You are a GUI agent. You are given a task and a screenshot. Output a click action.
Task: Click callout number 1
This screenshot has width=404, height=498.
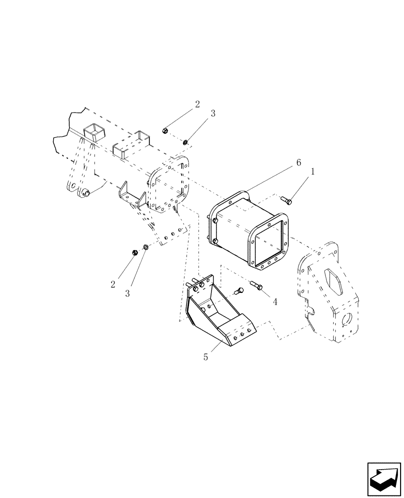tap(312, 171)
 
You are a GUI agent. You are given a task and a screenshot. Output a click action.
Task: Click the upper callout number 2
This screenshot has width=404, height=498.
tap(198, 104)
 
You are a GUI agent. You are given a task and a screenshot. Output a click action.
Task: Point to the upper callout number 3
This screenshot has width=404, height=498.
tap(213, 113)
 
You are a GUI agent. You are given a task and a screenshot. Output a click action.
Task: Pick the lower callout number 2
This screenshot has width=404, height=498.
tap(113, 284)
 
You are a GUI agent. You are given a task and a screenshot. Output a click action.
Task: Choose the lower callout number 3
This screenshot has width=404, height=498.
tap(127, 294)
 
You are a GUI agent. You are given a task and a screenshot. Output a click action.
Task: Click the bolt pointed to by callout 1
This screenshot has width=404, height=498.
tap(286, 200)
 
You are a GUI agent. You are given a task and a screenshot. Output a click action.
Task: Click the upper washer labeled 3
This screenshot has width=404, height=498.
tap(185, 143)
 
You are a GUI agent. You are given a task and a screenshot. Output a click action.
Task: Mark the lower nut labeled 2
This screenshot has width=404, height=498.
tap(134, 253)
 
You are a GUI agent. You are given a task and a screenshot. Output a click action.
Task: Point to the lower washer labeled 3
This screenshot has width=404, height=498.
tap(145, 247)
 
